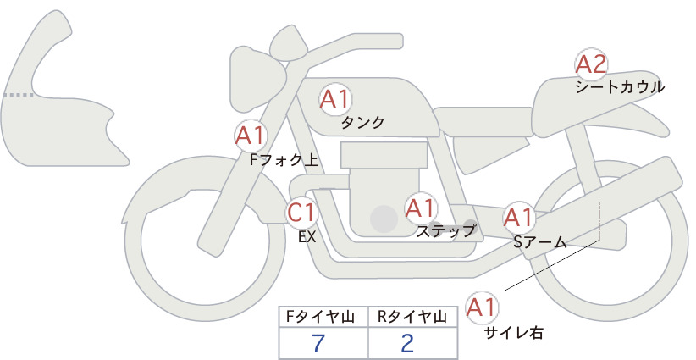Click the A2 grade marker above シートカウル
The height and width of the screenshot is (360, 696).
(591, 65)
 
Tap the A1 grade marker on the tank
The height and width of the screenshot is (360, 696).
(335, 99)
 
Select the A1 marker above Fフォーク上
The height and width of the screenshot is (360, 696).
(251, 136)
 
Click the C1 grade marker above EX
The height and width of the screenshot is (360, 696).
(301, 212)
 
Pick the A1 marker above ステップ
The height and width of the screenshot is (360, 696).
(420, 208)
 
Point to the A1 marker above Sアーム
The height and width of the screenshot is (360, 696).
(518, 218)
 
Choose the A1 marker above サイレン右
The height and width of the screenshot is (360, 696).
(482, 307)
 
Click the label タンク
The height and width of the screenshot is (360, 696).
(362, 123)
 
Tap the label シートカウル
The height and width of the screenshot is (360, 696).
(620, 87)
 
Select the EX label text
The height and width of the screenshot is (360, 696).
(307, 237)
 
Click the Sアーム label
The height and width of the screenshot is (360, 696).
(539, 242)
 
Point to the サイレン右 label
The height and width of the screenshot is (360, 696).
(514, 333)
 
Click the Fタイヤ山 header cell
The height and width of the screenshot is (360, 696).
(323, 317)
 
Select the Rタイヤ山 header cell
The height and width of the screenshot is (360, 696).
(412, 317)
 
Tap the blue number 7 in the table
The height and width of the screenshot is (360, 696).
(318, 343)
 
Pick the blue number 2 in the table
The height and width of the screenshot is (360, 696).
(407, 343)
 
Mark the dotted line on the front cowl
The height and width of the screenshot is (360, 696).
(19, 95)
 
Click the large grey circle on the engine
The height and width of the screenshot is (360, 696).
(384, 219)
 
